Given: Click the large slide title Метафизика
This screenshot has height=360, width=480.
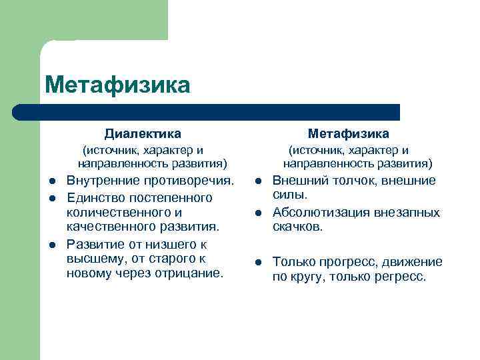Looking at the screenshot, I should (117, 85).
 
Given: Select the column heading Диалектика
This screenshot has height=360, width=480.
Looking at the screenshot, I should (143, 134).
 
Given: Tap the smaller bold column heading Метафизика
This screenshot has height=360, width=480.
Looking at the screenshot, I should (348, 134).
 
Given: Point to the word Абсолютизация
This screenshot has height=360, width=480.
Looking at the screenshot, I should (317, 213).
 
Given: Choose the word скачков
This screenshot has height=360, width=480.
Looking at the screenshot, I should (297, 227).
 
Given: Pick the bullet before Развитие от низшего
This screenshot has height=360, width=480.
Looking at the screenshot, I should (51, 245).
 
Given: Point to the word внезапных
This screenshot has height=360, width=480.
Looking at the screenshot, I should (407, 213).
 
